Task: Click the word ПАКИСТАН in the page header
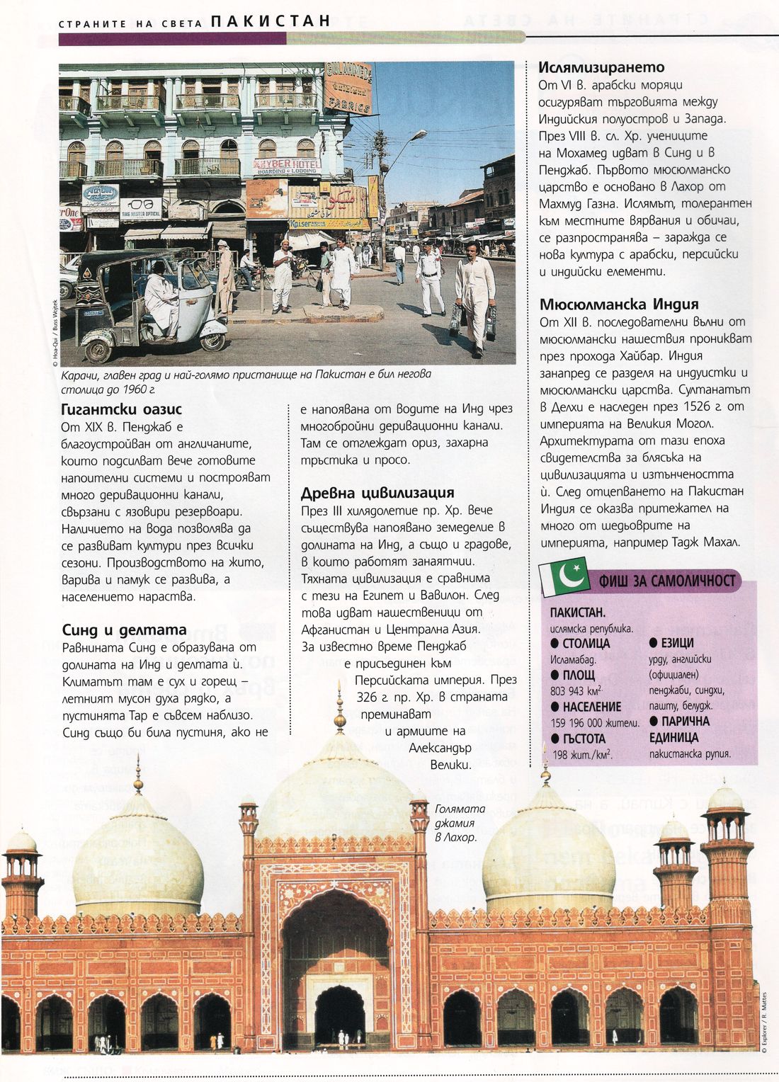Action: (x=271, y=21)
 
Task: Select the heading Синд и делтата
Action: (x=124, y=630)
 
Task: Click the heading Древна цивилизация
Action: (x=377, y=493)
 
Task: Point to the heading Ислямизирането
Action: (x=601, y=67)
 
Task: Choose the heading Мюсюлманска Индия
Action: (x=619, y=304)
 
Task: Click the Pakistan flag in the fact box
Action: (x=564, y=576)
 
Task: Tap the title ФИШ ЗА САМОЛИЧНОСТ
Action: (x=667, y=581)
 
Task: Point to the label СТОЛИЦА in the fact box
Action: (x=586, y=644)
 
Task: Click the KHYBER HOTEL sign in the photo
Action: (x=287, y=166)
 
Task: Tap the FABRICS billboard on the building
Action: (x=348, y=89)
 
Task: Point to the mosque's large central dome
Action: (x=336, y=793)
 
